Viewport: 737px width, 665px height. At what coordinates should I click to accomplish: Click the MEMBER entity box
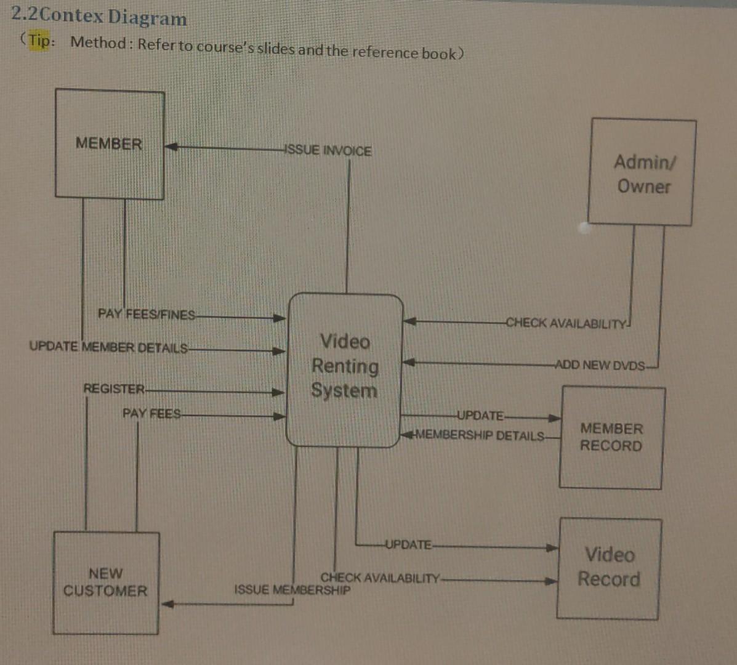click(x=110, y=144)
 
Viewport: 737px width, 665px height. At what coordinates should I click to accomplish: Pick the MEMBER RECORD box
click(x=611, y=437)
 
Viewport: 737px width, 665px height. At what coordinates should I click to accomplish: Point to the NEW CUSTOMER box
click(x=105, y=582)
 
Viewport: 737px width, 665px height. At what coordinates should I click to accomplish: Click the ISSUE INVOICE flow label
click(x=328, y=151)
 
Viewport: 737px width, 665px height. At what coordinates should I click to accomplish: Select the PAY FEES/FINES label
click(x=147, y=315)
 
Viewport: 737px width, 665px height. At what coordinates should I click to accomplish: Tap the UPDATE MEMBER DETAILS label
click(x=108, y=347)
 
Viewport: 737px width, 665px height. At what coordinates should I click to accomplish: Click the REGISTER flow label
click(x=114, y=389)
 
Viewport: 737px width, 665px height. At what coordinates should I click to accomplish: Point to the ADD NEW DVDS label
click(x=600, y=365)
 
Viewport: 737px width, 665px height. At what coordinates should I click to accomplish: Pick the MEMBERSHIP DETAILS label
click(x=480, y=436)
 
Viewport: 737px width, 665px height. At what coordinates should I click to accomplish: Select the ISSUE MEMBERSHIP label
click(x=292, y=590)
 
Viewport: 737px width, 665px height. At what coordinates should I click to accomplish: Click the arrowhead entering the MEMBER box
click(x=171, y=147)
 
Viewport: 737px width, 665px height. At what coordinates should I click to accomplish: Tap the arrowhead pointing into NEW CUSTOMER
click(x=167, y=604)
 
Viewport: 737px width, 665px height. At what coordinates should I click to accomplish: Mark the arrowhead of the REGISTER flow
click(x=279, y=392)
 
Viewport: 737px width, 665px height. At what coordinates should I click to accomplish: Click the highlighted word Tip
click(x=41, y=41)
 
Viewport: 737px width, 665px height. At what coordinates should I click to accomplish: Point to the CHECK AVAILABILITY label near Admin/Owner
click(x=566, y=323)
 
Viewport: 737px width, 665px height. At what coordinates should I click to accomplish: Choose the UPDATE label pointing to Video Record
click(x=408, y=545)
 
